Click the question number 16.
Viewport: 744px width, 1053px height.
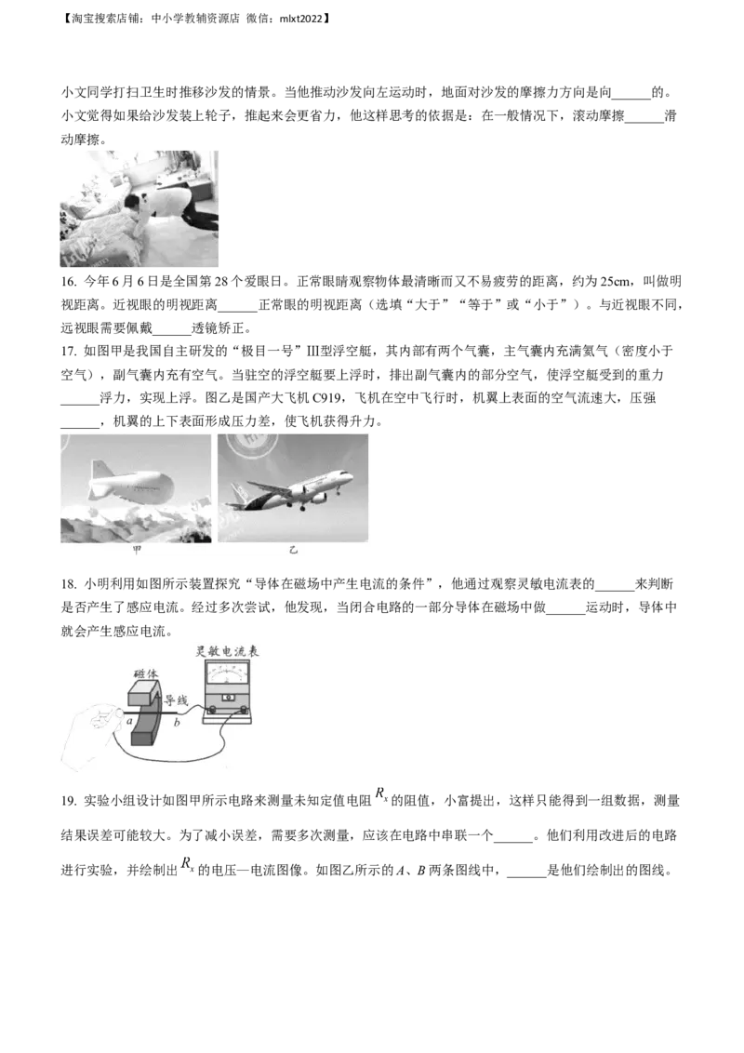coord(69,281)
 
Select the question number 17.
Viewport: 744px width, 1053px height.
coord(69,352)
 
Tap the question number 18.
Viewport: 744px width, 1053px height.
coord(69,583)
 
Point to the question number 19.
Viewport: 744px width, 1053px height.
coord(69,801)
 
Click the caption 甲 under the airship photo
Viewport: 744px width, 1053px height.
coord(137,551)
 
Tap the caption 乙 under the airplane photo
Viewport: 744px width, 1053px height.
coord(293,551)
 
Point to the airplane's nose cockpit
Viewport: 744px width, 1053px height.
coord(347,477)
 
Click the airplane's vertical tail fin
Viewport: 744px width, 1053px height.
coord(236,494)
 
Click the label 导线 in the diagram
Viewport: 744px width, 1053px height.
coord(176,700)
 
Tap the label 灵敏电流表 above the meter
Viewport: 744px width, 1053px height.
coord(227,651)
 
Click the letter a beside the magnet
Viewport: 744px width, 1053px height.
coord(129,721)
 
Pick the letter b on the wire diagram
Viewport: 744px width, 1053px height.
coord(177,723)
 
